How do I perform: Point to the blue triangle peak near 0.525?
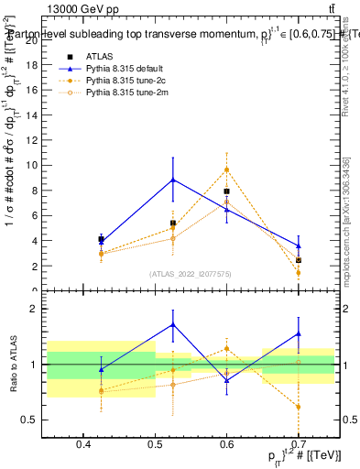[x=173, y=180]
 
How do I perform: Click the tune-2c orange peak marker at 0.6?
[x=226, y=169]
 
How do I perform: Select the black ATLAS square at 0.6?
[x=226, y=191]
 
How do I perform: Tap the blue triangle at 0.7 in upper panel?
[x=299, y=245]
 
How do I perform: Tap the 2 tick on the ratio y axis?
[x=38, y=310]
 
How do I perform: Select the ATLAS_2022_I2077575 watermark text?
[x=191, y=274]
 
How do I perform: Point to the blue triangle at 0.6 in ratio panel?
[x=226, y=379]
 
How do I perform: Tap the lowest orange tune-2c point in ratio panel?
[x=299, y=407]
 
